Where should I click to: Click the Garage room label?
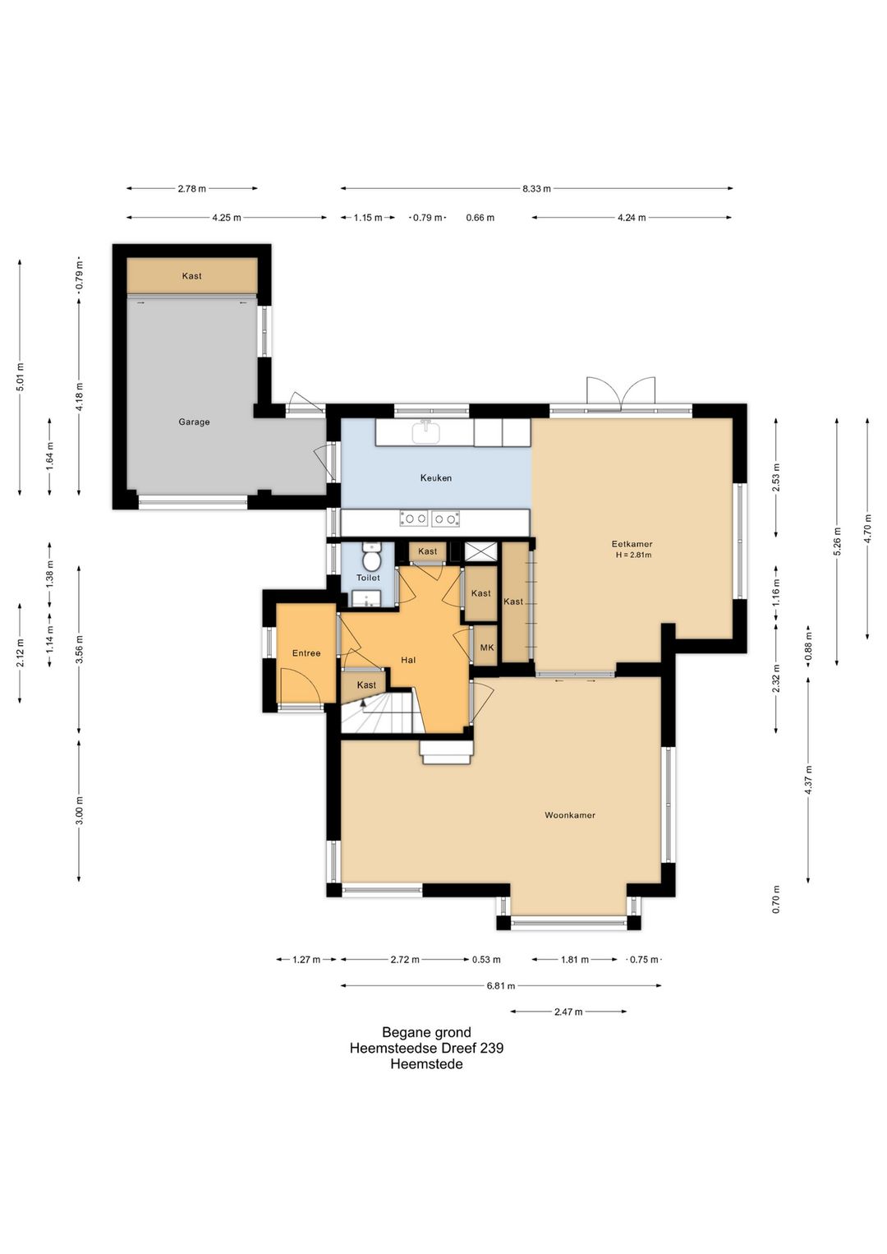tap(194, 422)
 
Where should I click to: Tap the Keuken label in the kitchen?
tap(436, 478)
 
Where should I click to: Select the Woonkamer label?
tap(570, 815)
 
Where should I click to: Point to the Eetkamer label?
tap(632, 543)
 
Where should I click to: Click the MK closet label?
tap(487, 648)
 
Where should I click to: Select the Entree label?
tap(306, 653)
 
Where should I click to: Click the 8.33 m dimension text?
tap(536, 189)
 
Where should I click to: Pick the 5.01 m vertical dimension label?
tap(20, 378)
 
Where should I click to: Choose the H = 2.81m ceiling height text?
tap(633, 556)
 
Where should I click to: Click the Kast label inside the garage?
tap(191, 276)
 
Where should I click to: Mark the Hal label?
tap(408, 660)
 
